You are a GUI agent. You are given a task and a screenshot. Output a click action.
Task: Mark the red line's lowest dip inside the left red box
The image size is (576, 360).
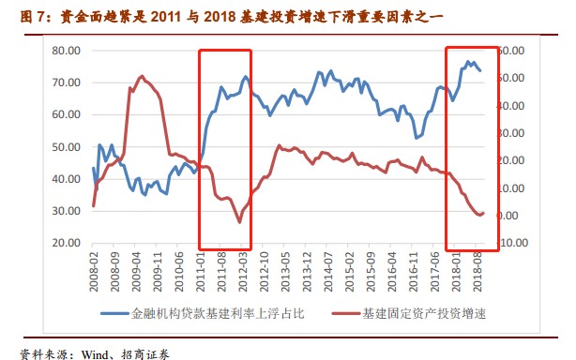pyautogui.click(x=239, y=222)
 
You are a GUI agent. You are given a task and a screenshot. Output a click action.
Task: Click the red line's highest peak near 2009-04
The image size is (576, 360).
pyautogui.click(x=142, y=76)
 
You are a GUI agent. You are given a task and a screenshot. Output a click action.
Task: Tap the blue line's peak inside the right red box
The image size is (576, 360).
pyautogui.click(x=468, y=62)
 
